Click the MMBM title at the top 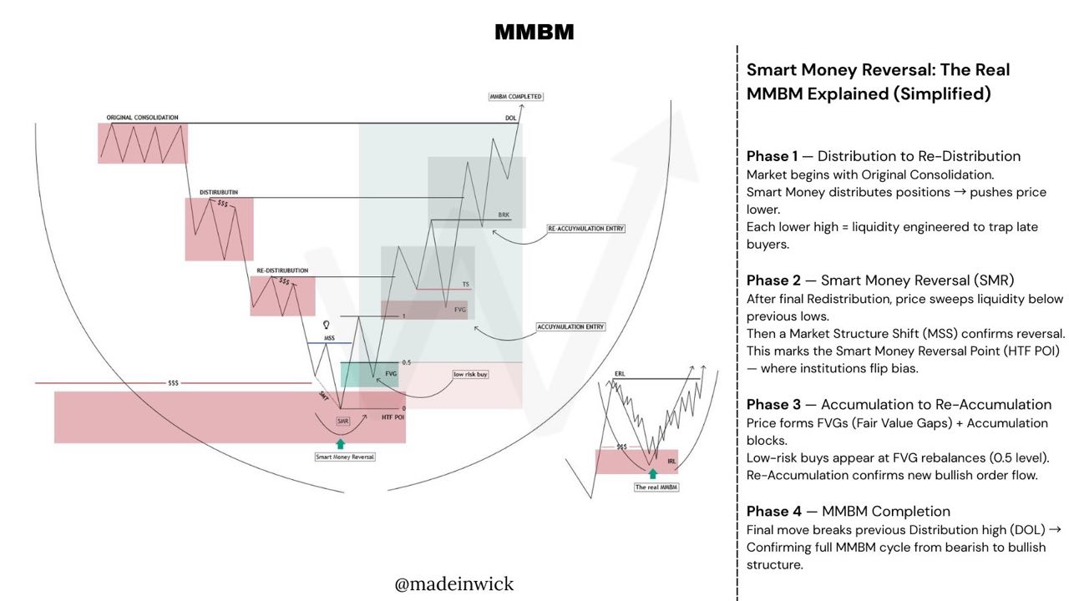tap(534, 33)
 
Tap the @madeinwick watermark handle tap(454, 583)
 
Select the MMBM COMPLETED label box tap(516, 97)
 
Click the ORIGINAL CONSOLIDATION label tap(142, 118)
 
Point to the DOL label tap(510, 119)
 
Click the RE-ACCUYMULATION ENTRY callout tap(585, 228)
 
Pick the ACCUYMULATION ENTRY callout tap(571, 326)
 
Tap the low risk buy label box tap(471, 375)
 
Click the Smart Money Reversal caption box tap(345, 457)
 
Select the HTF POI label tap(393, 417)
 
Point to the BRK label tap(504, 215)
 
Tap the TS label tap(466, 285)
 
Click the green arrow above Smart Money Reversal tap(340, 443)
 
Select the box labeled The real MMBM tap(656, 487)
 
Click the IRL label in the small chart tap(671, 460)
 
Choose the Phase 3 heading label tap(767, 405)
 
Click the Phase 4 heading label tap(767, 511)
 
